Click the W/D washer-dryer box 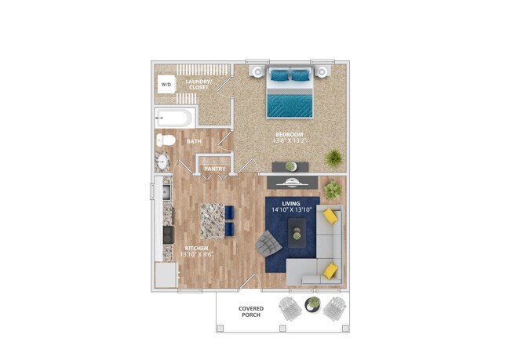(166, 84)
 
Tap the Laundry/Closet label (197, 84)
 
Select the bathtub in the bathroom (173, 119)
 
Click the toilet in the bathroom (166, 141)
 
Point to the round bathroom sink (163, 162)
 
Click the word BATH (194, 142)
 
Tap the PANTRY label (215, 168)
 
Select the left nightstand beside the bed (257, 72)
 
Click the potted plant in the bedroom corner (334, 157)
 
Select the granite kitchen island (212, 220)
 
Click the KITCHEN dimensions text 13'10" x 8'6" (196, 254)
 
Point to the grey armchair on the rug (268, 245)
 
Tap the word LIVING (292, 202)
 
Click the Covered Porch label (251, 312)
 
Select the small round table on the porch (312, 303)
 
